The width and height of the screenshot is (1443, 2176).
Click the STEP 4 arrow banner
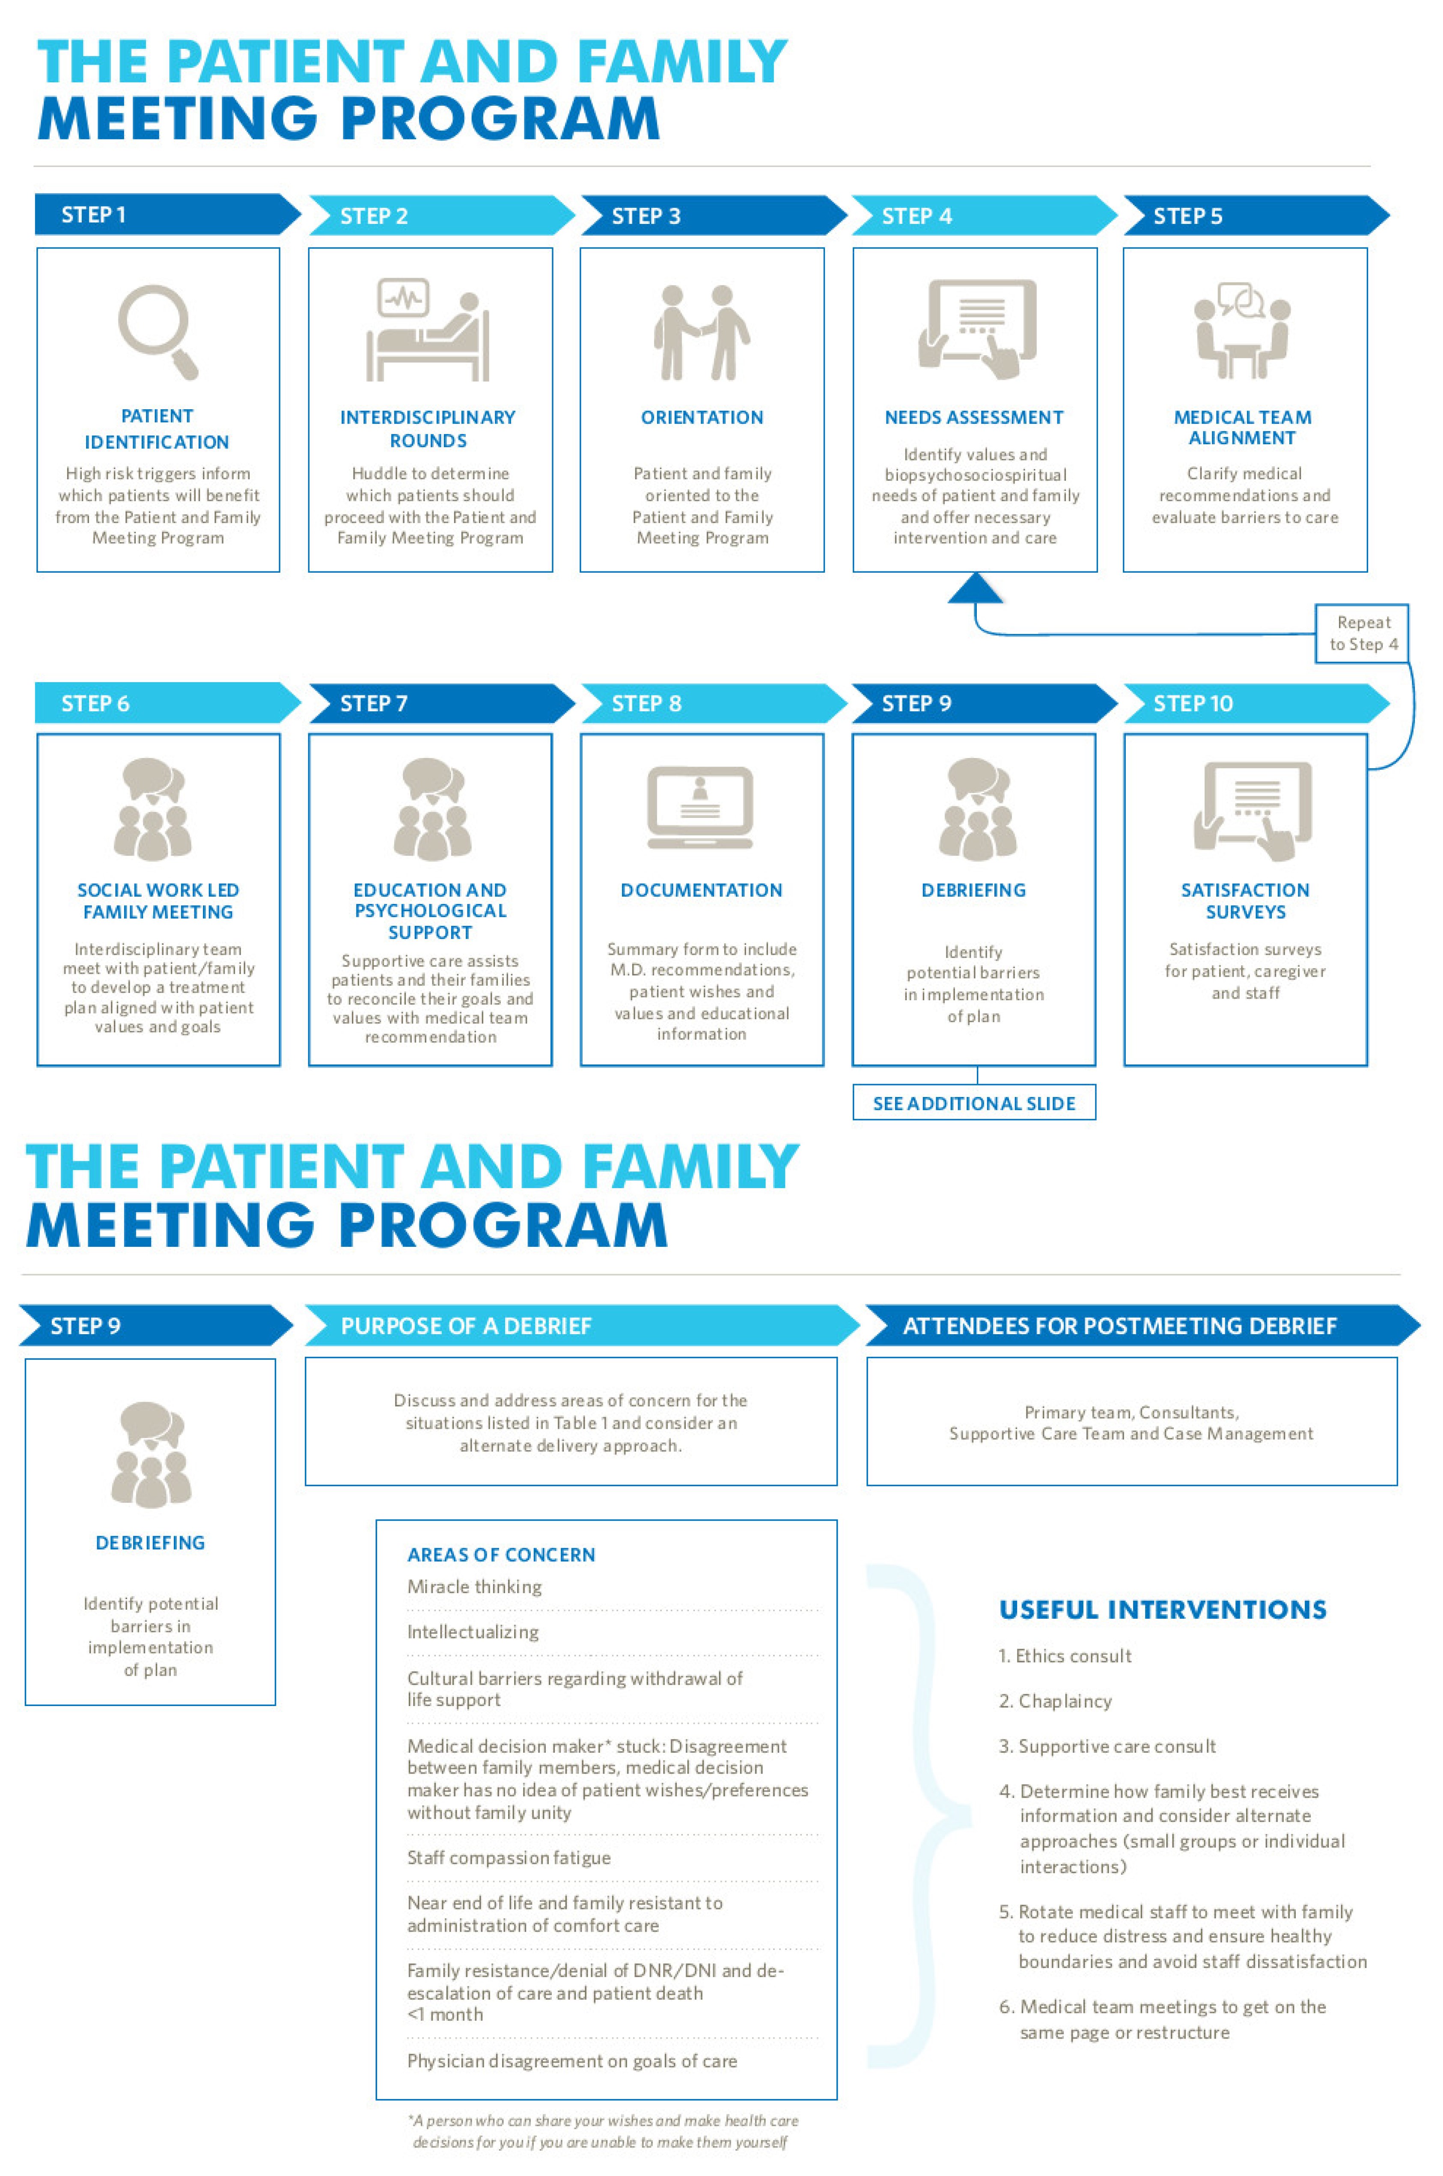pos(980,216)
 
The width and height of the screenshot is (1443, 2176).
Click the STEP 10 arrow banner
pos(1252,704)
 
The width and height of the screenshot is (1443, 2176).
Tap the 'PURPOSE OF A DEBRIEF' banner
pos(580,1326)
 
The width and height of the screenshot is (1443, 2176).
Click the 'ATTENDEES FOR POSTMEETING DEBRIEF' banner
pos(1141,1326)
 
